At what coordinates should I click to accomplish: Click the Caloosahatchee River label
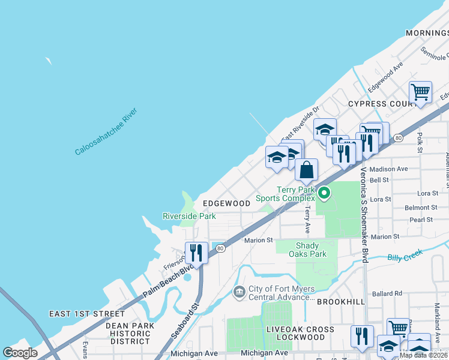(x=106, y=131)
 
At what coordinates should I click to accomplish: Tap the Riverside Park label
(x=189, y=216)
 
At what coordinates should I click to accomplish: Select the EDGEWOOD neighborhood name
(x=226, y=203)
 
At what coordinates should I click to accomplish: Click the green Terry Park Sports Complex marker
(x=324, y=193)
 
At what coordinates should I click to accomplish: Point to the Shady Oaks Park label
(x=310, y=250)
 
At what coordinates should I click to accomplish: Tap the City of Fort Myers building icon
(x=239, y=292)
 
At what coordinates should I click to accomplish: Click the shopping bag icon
(x=306, y=170)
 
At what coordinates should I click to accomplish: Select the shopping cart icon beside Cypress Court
(x=420, y=93)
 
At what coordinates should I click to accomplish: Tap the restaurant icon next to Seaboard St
(x=196, y=253)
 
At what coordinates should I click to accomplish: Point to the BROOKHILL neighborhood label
(x=340, y=302)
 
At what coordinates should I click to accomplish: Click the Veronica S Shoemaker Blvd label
(x=364, y=215)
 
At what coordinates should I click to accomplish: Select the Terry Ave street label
(x=307, y=220)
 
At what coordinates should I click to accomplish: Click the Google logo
(x=20, y=353)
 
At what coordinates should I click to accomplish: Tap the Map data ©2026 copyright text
(x=423, y=355)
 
